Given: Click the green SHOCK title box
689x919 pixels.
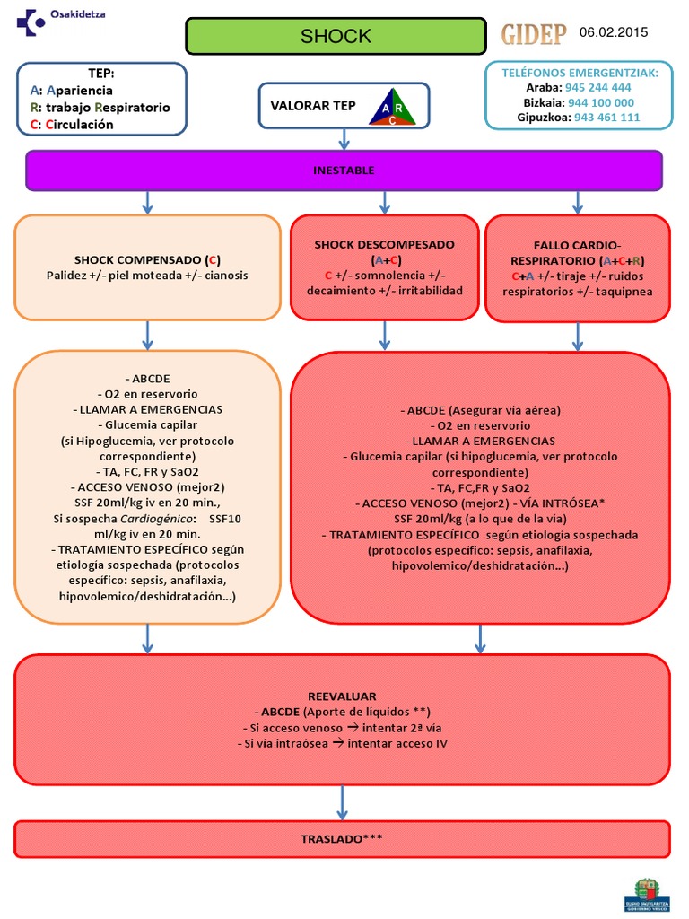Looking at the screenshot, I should (x=336, y=36).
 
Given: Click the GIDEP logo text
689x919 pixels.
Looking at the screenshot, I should (x=533, y=34).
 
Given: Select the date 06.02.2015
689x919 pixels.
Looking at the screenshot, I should (x=614, y=32).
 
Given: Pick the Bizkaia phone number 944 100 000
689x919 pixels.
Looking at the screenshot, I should (x=601, y=102).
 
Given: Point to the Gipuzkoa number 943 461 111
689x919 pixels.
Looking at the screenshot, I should (x=606, y=117).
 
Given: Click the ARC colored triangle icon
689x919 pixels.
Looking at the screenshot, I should (x=391, y=107).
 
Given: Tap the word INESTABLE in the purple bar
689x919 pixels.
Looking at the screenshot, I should (x=344, y=170).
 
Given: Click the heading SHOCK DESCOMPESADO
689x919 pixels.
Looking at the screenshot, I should (x=384, y=244).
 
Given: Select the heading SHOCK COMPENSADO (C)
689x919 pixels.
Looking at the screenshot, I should (x=148, y=258).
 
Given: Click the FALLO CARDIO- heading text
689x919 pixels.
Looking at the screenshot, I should (x=576, y=244).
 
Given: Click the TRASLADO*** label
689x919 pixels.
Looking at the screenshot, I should (x=342, y=838).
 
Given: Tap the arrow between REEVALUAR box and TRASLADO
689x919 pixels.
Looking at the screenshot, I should (x=342, y=801).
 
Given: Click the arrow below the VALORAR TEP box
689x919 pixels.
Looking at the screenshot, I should (x=344, y=138).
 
